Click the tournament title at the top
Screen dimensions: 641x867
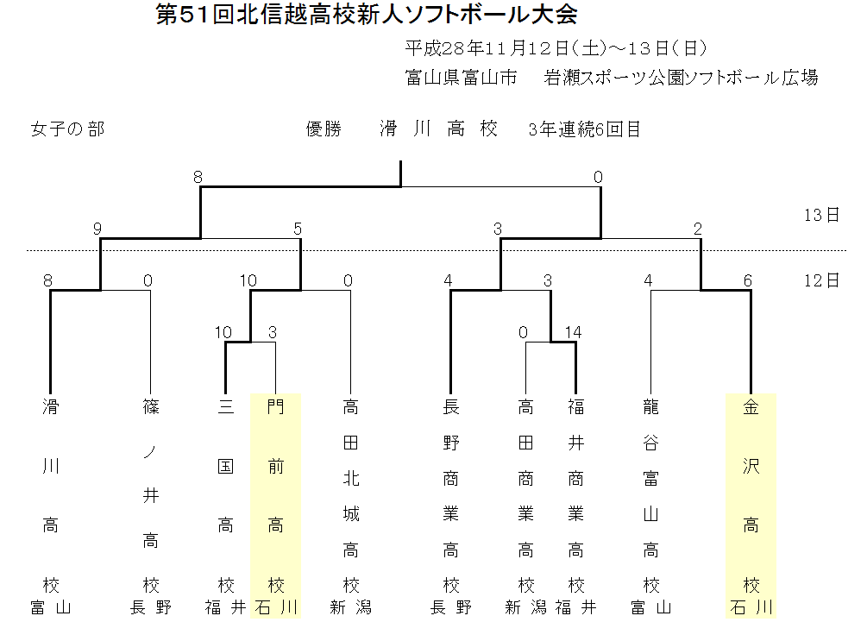click(x=367, y=16)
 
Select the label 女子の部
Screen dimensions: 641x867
click(x=67, y=129)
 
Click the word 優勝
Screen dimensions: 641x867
click(x=324, y=129)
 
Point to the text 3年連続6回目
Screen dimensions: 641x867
click(x=585, y=129)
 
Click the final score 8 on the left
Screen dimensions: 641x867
click(x=198, y=177)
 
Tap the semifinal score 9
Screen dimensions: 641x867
click(x=97, y=229)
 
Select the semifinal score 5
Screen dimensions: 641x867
click(x=298, y=229)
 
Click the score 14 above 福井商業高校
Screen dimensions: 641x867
click(x=574, y=332)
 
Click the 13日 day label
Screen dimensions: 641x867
click(x=820, y=215)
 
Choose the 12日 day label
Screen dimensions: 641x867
click(x=820, y=280)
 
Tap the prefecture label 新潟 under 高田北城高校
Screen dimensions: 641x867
click(x=350, y=607)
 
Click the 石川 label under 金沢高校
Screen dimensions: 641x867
click(x=751, y=607)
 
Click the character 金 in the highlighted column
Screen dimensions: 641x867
click(x=751, y=406)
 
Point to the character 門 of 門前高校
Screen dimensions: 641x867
click(x=275, y=406)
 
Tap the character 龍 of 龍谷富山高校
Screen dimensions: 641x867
click(x=650, y=406)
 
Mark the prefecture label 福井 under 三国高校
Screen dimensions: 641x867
click(x=225, y=607)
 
